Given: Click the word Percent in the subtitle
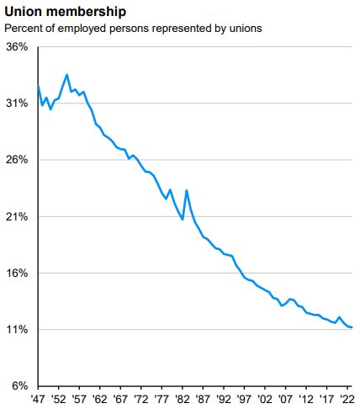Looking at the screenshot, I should click(24, 28).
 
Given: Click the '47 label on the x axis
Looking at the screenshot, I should click(38, 400).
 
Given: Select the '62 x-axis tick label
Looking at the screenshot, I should click(100, 400).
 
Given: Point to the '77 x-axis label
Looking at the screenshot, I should click(162, 400).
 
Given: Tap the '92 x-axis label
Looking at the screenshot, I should click(225, 400).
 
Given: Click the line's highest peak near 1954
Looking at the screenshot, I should click(66, 74).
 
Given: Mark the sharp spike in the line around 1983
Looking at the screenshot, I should click(186, 190).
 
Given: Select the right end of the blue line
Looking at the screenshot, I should click(352, 327).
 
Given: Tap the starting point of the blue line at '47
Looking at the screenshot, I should click(38, 85).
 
